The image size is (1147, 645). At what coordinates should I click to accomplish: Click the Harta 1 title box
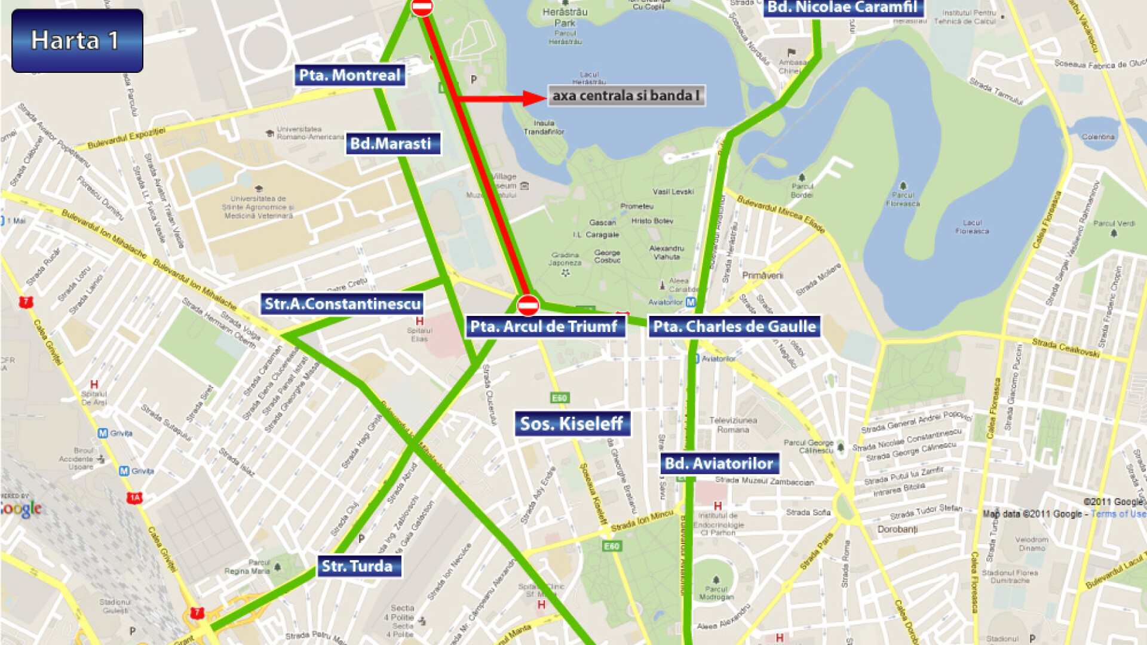tap(77, 41)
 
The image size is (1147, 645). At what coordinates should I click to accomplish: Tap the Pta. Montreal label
tap(349, 75)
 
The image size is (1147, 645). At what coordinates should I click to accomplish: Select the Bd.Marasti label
tap(392, 143)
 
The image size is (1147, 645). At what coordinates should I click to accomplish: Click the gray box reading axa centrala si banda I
tap(625, 96)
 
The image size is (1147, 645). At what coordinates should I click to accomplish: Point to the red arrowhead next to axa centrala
tap(533, 98)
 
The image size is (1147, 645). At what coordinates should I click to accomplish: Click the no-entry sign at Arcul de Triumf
tap(528, 305)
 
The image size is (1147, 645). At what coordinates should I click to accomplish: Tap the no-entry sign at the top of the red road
tap(422, 7)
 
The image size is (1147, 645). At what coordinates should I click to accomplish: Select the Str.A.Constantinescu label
tap(342, 303)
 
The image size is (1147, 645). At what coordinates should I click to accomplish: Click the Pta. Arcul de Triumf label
tap(544, 326)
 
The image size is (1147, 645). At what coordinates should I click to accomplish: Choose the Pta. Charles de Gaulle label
tap(734, 326)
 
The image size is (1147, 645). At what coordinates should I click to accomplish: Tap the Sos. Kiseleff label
tap(572, 423)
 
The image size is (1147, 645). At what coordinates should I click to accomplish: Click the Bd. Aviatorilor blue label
tap(719, 463)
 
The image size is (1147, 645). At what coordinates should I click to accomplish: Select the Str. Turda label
tap(358, 566)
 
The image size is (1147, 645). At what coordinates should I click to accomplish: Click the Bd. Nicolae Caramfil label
tap(842, 8)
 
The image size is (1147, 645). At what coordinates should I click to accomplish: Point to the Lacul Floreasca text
tap(971, 227)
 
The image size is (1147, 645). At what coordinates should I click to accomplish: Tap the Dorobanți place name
tap(897, 529)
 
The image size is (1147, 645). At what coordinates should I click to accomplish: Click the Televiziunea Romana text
tap(733, 425)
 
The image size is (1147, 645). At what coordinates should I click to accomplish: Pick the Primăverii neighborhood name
tap(762, 275)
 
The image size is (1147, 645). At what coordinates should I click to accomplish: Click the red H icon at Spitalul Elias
tap(419, 321)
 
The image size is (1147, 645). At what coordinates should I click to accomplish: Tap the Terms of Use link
tap(1118, 514)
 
